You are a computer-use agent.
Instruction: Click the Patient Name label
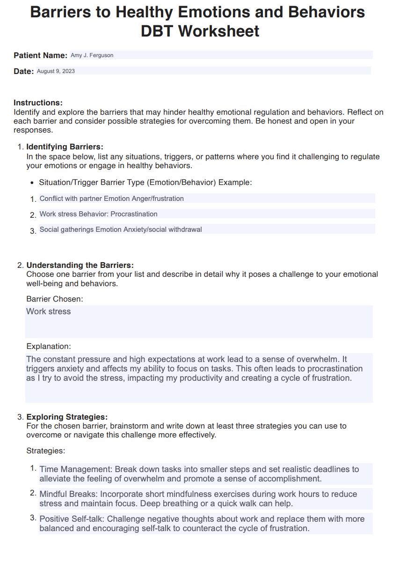pyautogui.click(x=40, y=55)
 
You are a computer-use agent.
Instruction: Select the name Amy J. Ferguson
pyautogui.click(x=92, y=55)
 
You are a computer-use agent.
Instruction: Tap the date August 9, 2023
pyautogui.click(x=56, y=71)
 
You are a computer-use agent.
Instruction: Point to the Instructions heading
pyautogui.click(x=38, y=103)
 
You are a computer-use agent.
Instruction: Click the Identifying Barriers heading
pyautogui.click(x=65, y=147)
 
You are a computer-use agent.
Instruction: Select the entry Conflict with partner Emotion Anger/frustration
pyautogui.click(x=111, y=199)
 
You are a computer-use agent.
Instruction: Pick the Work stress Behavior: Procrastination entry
pyautogui.click(x=98, y=214)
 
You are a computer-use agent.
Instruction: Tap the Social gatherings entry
pyautogui.click(x=121, y=229)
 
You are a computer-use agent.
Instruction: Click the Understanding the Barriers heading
pyautogui.click(x=80, y=265)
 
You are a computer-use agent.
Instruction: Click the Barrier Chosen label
pyautogui.click(x=55, y=299)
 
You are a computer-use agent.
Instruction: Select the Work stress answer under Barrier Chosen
pyautogui.click(x=49, y=311)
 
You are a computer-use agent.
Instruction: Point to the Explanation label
pyautogui.click(x=49, y=347)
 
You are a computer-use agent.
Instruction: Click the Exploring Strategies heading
pyautogui.click(x=67, y=417)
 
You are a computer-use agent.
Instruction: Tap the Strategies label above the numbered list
pyautogui.click(x=46, y=451)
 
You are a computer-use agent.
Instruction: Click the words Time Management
pyautogui.click(x=75, y=469)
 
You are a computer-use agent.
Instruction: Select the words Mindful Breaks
pyautogui.click(x=68, y=494)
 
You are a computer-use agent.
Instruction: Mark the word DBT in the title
pyautogui.click(x=157, y=31)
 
